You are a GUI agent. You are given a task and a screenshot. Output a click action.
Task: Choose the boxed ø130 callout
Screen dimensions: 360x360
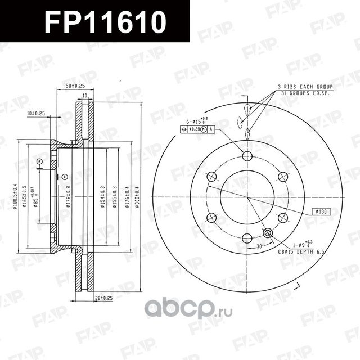point(322,212)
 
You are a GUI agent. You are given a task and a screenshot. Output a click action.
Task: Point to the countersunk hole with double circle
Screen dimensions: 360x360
point(268,233)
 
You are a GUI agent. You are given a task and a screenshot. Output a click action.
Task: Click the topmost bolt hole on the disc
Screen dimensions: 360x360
point(247,156)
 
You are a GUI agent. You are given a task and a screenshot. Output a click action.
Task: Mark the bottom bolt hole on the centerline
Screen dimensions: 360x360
point(247,238)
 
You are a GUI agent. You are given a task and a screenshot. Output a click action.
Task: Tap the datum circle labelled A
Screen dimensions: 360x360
point(39,161)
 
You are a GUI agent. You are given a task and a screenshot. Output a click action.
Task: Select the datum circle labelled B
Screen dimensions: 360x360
point(64,176)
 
